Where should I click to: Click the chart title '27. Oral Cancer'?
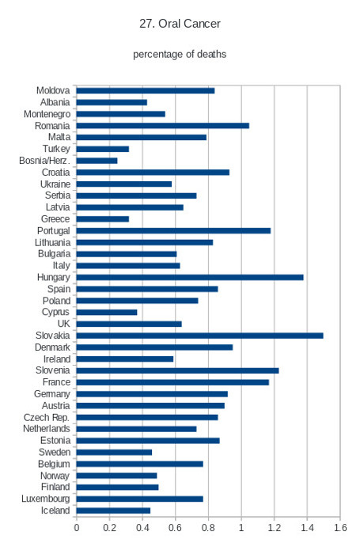(180, 24)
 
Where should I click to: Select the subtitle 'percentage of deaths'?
(180, 54)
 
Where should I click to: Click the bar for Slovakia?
(199, 336)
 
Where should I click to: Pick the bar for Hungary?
(190, 277)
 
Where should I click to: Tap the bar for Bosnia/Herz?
(97, 161)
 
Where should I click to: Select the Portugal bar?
(173, 231)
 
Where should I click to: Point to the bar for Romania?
(162, 126)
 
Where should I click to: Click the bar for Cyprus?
(107, 313)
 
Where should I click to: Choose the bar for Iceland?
(113, 510)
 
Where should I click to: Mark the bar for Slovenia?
(177, 370)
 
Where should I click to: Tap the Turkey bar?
(102, 149)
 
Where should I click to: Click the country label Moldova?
(53, 90)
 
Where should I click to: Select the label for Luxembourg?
(46, 499)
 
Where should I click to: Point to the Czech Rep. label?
(47, 417)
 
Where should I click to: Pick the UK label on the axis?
(64, 324)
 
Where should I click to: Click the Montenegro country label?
(47, 114)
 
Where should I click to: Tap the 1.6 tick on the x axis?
(340, 528)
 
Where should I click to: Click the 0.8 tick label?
(208, 528)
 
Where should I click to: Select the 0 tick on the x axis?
(76, 528)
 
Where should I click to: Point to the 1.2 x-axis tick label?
(275, 528)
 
